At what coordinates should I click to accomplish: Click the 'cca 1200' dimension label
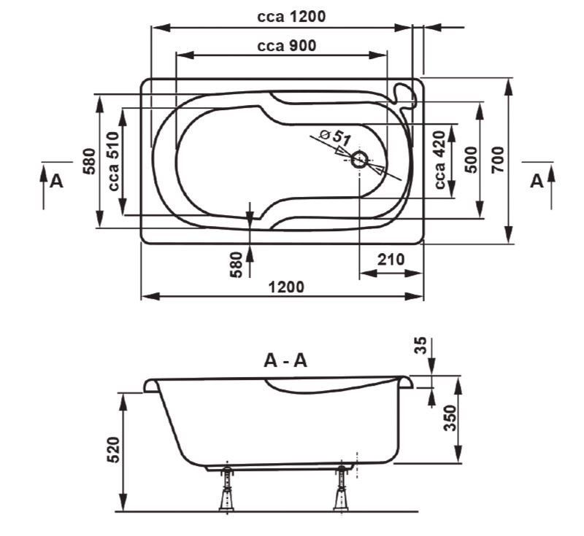291,16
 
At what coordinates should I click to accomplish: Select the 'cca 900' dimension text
286,45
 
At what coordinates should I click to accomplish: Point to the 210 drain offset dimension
391,260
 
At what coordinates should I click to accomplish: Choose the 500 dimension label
470,159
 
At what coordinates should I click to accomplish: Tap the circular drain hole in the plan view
360,160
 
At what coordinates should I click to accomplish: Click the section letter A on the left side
55,181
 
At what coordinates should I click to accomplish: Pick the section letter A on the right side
537,181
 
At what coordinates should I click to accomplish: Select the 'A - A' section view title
285,360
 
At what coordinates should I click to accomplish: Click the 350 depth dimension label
450,419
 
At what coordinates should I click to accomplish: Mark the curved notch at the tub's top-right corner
402,93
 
